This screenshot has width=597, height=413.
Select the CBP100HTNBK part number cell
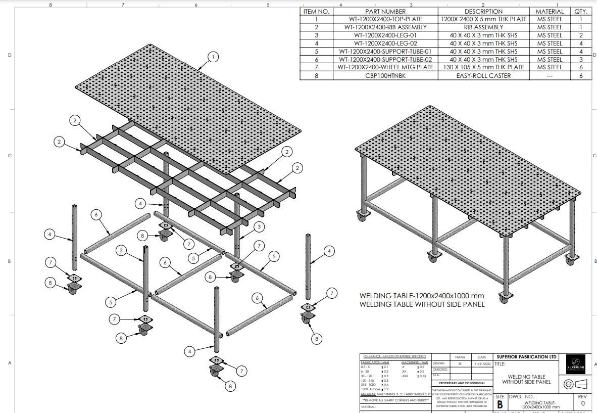386,75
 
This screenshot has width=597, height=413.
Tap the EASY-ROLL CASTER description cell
483,75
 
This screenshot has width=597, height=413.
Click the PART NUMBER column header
386,11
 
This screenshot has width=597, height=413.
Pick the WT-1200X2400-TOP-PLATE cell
386,19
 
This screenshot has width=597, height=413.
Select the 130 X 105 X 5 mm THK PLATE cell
483,67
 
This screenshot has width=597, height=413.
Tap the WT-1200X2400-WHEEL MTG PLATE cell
386,67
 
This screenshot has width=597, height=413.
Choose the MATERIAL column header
549,11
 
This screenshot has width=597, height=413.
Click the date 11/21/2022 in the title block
482,363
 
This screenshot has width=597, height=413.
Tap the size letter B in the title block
500,404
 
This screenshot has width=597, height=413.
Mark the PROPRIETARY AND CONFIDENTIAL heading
462,383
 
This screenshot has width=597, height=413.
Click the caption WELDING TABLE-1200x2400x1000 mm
422,296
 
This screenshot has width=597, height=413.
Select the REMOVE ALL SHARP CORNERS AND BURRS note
395,400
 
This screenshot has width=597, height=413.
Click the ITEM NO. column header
316,11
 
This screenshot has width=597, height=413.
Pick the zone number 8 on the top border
50,5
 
